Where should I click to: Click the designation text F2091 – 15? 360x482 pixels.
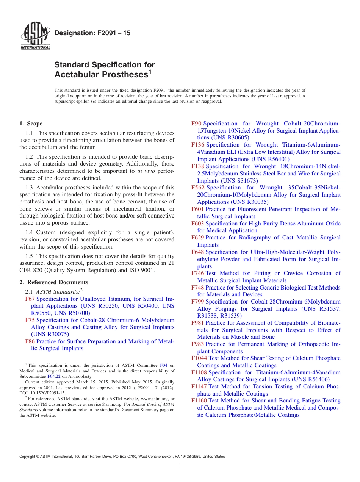(x=92, y=33)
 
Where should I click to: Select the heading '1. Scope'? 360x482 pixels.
(x=31, y=124)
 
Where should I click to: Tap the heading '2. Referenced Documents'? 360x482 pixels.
(x=53, y=282)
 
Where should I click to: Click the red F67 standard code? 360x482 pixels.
(x=30, y=299)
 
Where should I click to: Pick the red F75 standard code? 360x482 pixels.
(x=30, y=320)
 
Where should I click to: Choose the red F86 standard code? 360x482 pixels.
(x=30, y=341)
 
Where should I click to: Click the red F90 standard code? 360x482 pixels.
(x=196, y=124)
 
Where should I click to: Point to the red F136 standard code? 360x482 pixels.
(x=198, y=145)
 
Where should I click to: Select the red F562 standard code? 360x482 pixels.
(x=198, y=188)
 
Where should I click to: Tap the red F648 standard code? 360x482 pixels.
(x=198, y=252)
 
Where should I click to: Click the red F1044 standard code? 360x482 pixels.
(x=199, y=358)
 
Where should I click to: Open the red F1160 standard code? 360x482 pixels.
(x=199, y=401)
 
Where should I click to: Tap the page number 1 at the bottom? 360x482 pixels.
(x=180, y=465)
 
